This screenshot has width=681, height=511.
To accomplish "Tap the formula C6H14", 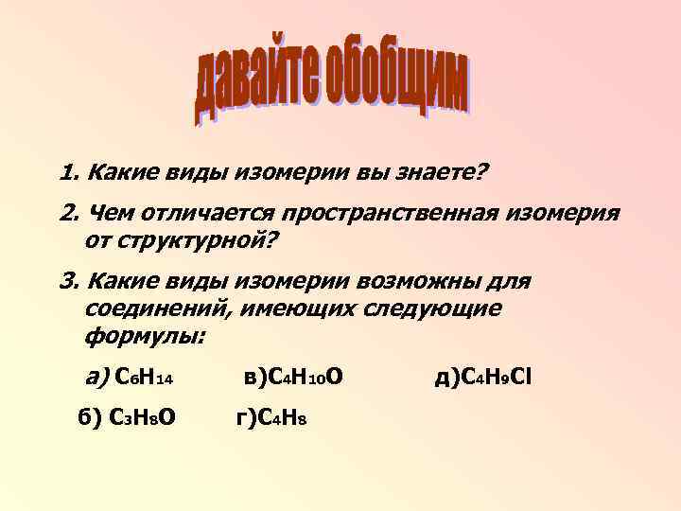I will (143, 379).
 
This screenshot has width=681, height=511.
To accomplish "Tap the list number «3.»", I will (69, 282).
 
